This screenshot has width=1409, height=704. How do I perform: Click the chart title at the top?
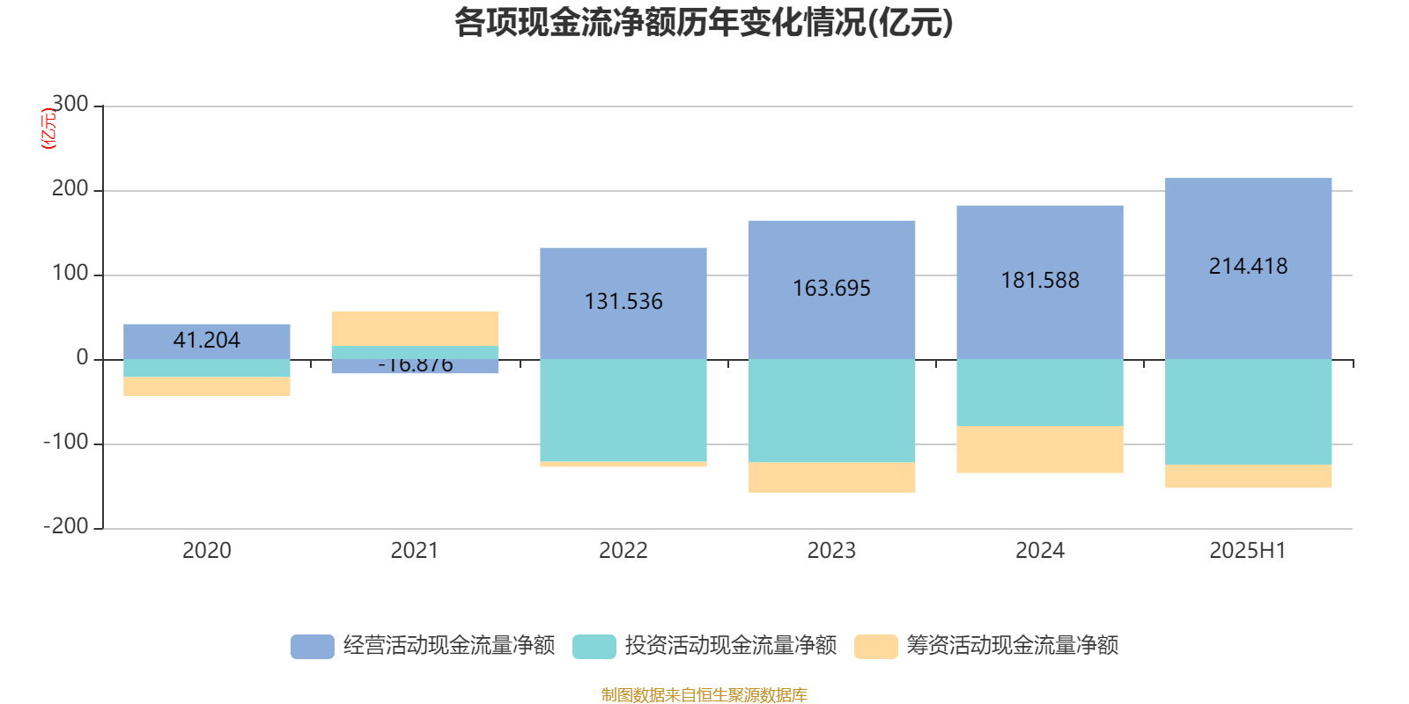coord(703,24)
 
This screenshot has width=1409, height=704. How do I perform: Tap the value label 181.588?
coord(1040,281)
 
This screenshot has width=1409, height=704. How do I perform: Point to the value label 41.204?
coord(206,341)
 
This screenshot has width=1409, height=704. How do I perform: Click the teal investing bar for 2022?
coord(623,410)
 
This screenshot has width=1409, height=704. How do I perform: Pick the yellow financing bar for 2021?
coord(415,328)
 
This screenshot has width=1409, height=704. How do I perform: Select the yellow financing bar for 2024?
coord(1040,450)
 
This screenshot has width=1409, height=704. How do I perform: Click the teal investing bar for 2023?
coord(831,410)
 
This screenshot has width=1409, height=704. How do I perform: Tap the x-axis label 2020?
coord(206,551)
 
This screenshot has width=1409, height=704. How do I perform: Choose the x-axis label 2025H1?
coord(1248,551)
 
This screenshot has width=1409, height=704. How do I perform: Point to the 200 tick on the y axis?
coord(70,189)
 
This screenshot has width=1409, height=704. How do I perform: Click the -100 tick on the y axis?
coord(66,443)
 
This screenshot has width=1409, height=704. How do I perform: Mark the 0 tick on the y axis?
coord(82,358)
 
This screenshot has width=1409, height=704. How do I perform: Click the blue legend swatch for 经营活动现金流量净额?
coord(312,647)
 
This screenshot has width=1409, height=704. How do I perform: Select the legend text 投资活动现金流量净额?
coord(730,646)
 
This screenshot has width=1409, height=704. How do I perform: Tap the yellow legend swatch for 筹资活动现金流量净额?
coord(875,647)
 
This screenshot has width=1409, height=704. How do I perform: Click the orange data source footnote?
coord(704,695)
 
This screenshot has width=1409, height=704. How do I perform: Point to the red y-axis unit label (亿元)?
coord(48,128)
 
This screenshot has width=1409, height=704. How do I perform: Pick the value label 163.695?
coord(831,289)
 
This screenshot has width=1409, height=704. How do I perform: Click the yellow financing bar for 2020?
coord(206,386)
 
